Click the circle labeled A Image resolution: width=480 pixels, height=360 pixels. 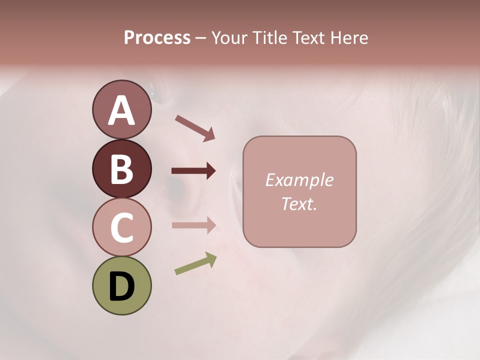pyautogui.click(x=121, y=110)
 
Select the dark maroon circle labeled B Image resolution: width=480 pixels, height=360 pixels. pyautogui.click(x=121, y=168)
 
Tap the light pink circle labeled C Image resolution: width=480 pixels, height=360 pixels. pyautogui.click(x=121, y=227)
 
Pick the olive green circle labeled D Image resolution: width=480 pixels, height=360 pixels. pyautogui.click(x=121, y=285)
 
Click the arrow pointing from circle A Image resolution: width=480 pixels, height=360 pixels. pyautogui.click(x=195, y=127)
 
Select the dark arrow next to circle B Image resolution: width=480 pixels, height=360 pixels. pyautogui.click(x=193, y=171)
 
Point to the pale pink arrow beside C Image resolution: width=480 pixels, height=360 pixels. pyautogui.click(x=193, y=225)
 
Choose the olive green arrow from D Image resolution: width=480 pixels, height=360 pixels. pyautogui.click(x=195, y=263)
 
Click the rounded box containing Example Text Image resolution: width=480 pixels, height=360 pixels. pyautogui.click(x=299, y=191)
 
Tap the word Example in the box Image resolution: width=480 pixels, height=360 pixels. pyautogui.click(x=299, y=180)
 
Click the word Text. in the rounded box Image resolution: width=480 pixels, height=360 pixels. pyautogui.click(x=299, y=203)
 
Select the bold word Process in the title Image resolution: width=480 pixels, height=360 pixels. pyautogui.click(x=157, y=38)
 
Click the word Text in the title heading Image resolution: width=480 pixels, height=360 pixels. pyautogui.click(x=309, y=38)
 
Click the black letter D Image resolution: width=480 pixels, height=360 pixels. pyautogui.click(x=121, y=286)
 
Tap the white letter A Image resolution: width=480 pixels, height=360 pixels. pyautogui.click(x=121, y=110)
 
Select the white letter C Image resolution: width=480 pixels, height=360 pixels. pyautogui.click(x=121, y=227)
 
